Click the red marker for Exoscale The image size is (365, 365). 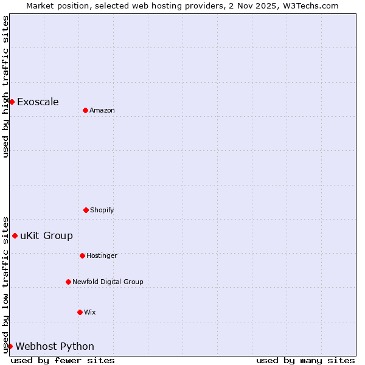[x=12, y=102]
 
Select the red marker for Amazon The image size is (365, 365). [x=85, y=110]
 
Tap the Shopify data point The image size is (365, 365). [x=86, y=210]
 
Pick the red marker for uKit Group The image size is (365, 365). [x=15, y=235]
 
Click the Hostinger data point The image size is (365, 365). [x=82, y=255]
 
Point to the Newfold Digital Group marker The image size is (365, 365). [x=68, y=282]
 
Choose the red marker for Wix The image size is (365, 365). [x=80, y=312]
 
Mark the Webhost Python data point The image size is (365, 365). [x=10, y=346]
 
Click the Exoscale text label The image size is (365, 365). [x=38, y=102]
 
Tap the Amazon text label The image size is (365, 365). [x=102, y=110]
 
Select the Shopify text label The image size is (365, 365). [x=102, y=210]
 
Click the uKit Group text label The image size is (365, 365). [x=46, y=235]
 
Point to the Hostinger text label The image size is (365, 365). [x=102, y=255]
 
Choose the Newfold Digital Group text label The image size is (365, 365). [x=108, y=282]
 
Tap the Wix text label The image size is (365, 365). [x=90, y=312]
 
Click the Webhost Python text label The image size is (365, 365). [x=55, y=346]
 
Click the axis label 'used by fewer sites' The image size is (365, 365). [x=63, y=360]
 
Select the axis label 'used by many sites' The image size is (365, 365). [x=305, y=360]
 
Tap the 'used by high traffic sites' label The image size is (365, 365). [x=5, y=86]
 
